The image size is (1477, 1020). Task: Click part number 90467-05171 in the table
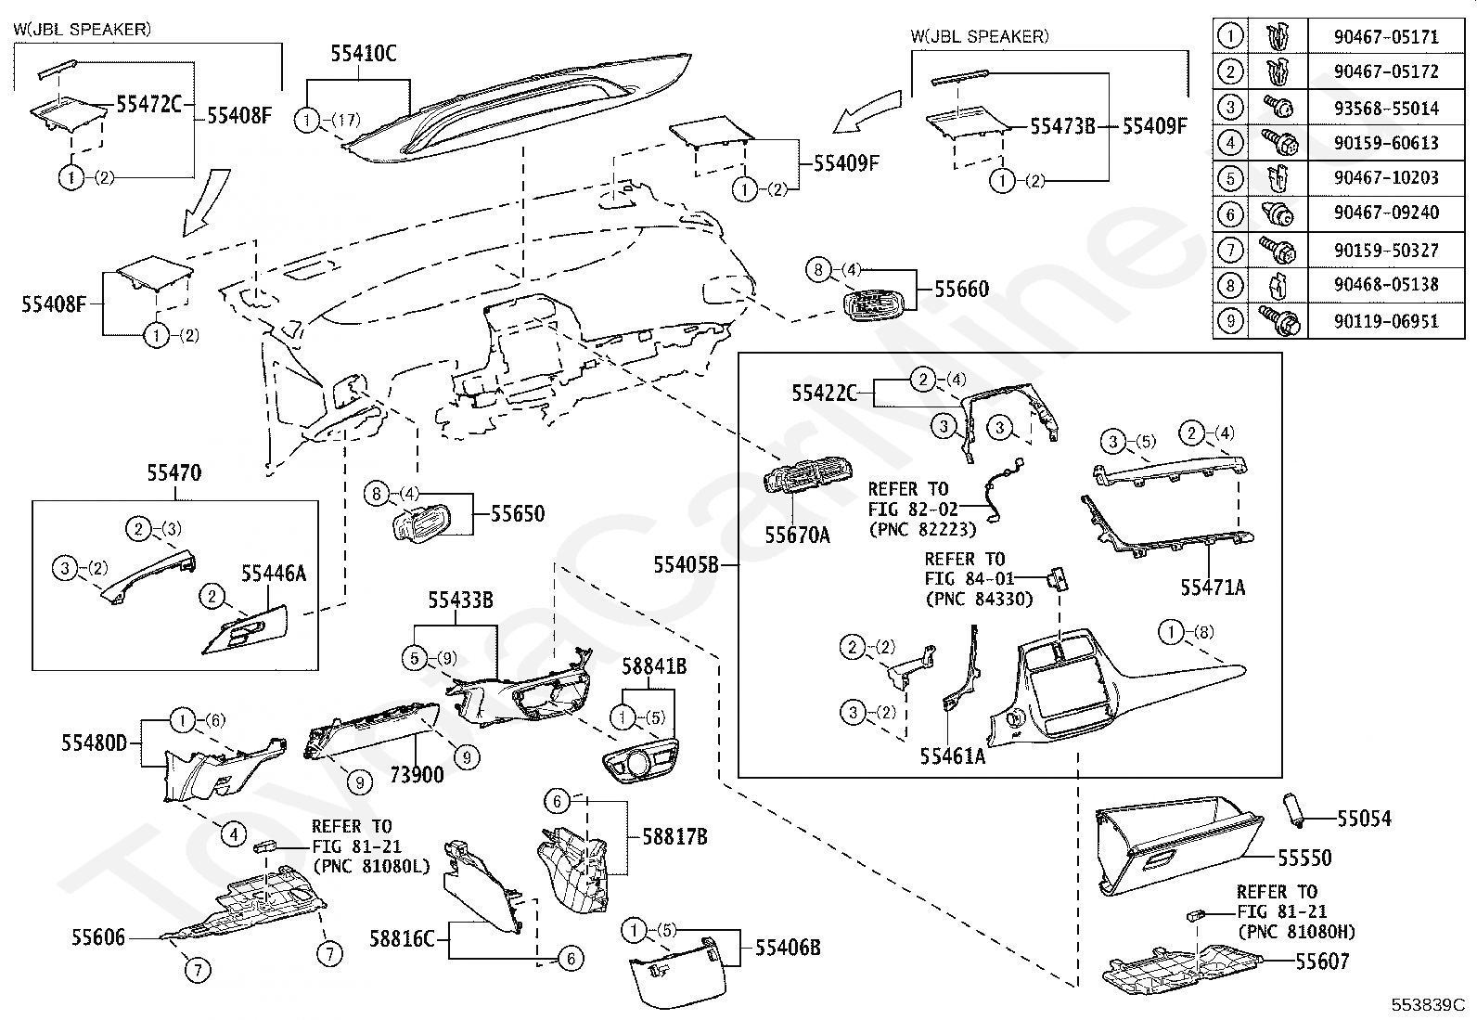[1386, 37]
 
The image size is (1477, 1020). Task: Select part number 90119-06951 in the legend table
[1386, 321]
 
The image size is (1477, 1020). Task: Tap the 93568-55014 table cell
[1386, 109]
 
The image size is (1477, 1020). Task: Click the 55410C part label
[363, 54]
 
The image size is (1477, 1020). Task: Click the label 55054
[1364, 819]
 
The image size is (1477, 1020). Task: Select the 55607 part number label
[1322, 962]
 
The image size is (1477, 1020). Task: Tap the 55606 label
[98, 937]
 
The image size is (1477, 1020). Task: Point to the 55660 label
[961, 290]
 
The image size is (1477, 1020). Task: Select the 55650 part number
[518, 514]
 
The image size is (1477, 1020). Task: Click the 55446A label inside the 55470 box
[274, 574]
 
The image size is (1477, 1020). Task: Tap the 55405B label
[687, 564]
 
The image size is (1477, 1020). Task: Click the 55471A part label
[1213, 587]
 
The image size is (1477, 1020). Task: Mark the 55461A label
[952, 756]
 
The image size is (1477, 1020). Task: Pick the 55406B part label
[787, 947]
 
